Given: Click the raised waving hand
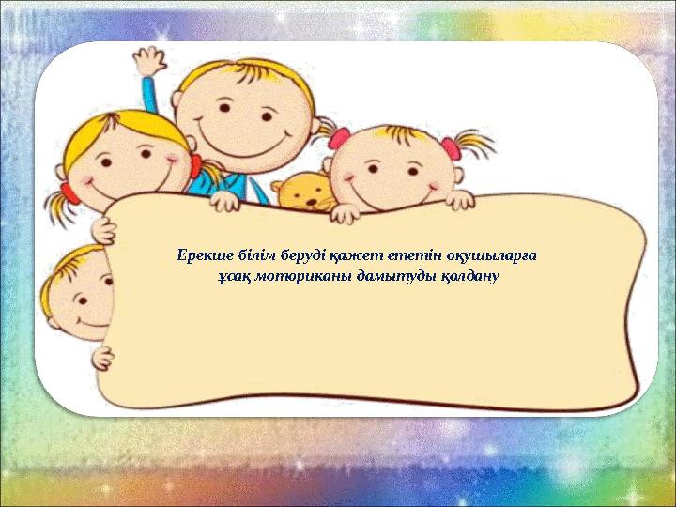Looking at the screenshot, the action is click(149, 62).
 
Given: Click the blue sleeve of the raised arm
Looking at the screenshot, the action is click(150, 95).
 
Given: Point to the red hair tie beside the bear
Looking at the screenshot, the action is click(339, 138).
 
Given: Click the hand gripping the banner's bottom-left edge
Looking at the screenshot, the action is click(103, 359).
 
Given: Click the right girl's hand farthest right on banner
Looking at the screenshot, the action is click(460, 200).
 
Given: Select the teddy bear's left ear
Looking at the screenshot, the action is click(278, 186).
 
